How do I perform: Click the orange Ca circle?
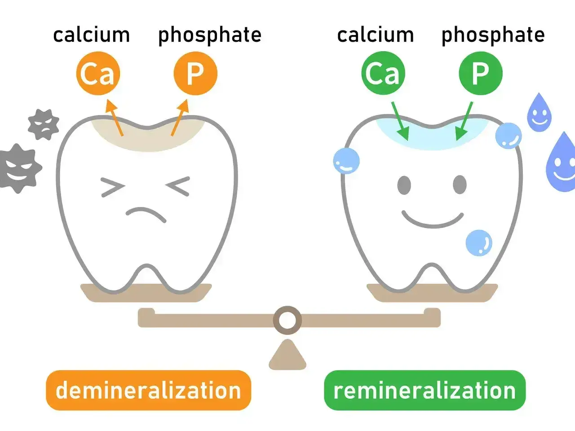98,73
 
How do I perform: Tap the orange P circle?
195,73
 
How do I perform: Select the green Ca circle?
383,73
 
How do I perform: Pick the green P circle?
481,73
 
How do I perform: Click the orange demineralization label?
149,390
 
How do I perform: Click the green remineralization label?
425,390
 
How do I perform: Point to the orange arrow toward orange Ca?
114,117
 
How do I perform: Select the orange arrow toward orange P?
180,117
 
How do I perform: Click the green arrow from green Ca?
400,121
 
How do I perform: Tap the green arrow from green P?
464,121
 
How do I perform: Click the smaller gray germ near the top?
44,124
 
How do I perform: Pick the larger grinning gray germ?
19,168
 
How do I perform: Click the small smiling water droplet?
539,113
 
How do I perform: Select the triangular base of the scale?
287,355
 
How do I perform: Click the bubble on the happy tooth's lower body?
479,242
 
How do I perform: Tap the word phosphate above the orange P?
210,36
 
